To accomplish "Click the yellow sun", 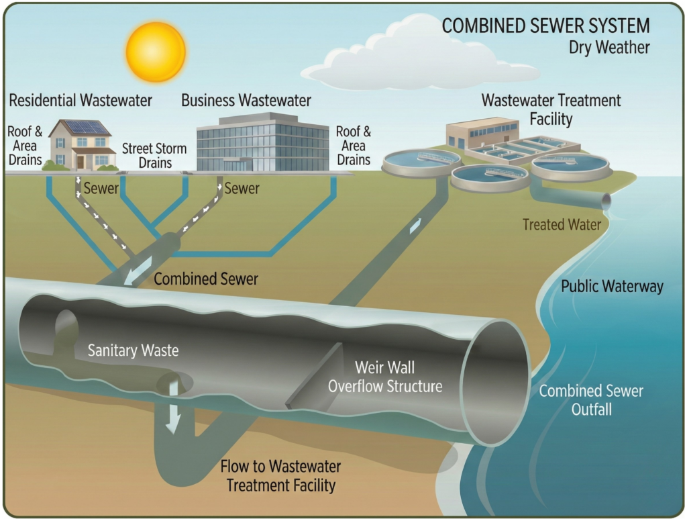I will point(156,52).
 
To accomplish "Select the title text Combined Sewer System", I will point(545,26).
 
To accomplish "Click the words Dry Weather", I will point(609,48).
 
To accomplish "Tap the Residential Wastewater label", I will point(81,101).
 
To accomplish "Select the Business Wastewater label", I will point(246,101).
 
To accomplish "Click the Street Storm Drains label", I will point(156,156).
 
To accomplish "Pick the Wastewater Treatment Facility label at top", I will point(551,109).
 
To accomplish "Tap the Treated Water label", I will point(562,225).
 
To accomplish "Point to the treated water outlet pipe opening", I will point(606,201).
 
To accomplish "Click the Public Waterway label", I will point(612,287).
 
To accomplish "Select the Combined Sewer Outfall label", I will point(591,399).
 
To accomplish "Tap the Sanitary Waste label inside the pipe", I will point(134,350).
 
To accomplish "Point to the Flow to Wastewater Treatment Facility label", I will point(281,475).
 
